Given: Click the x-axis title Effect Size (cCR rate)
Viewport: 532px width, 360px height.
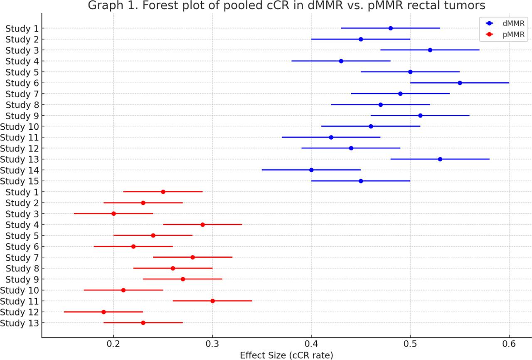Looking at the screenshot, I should [x=286, y=355].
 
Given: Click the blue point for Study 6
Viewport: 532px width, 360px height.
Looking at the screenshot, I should [x=460, y=83].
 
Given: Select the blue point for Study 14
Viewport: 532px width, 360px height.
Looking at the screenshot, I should [x=311, y=170].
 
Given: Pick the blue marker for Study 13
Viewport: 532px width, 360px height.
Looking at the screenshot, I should [x=440, y=159].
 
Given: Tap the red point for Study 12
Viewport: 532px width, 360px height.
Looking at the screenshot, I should [x=103, y=312].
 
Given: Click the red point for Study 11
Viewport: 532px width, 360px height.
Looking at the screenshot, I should [x=212, y=301].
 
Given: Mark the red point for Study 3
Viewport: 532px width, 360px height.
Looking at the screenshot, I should [x=113, y=214].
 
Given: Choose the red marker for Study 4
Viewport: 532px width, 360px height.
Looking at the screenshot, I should [x=202, y=224].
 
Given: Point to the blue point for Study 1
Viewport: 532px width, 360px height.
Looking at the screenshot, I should [x=391, y=28].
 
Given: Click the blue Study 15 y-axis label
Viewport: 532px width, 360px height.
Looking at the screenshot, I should [x=21, y=181].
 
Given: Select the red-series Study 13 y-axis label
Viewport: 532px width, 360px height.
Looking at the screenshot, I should [x=21, y=323].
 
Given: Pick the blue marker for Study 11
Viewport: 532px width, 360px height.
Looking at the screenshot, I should [x=331, y=137].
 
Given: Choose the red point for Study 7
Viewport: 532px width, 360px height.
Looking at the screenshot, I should [x=192, y=257].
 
